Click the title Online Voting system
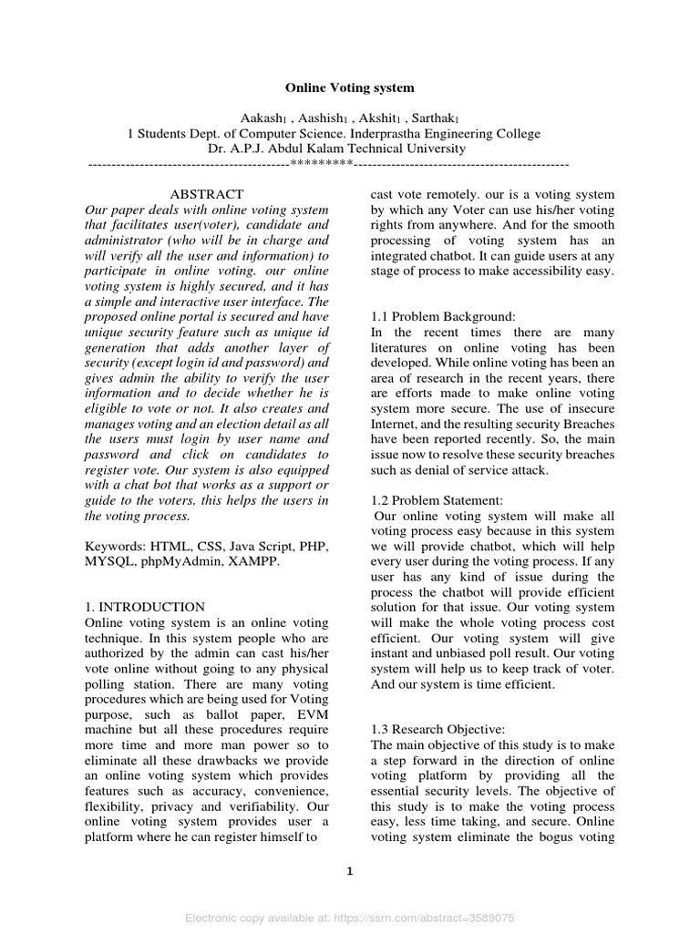350,88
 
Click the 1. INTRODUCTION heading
144,607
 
